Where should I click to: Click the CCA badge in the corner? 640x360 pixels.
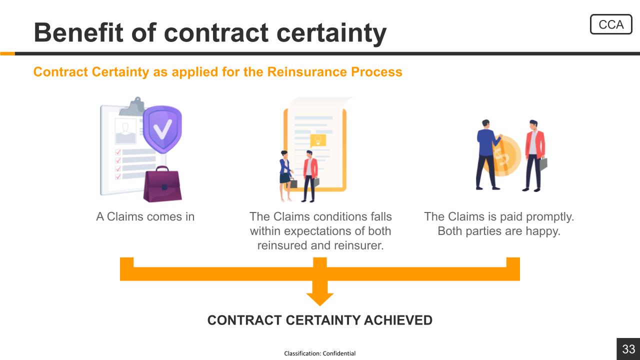[x=611, y=24]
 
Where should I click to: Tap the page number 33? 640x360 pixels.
[x=628, y=349]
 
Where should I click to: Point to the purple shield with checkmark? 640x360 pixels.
[x=162, y=129]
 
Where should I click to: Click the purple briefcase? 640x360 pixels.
[x=162, y=184]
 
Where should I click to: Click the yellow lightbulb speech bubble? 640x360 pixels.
[x=318, y=141]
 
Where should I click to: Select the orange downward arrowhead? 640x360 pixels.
[x=319, y=299]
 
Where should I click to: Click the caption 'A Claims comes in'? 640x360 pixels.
[x=145, y=216]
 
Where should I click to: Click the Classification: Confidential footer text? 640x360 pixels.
[x=319, y=353]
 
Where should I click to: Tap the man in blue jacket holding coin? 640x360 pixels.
[x=487, y=154]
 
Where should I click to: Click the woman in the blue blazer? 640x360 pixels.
[x=285, y=175]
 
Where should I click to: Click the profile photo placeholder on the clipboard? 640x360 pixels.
[x=125, y=131]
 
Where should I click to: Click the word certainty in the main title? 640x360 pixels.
[x=331, y=33]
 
